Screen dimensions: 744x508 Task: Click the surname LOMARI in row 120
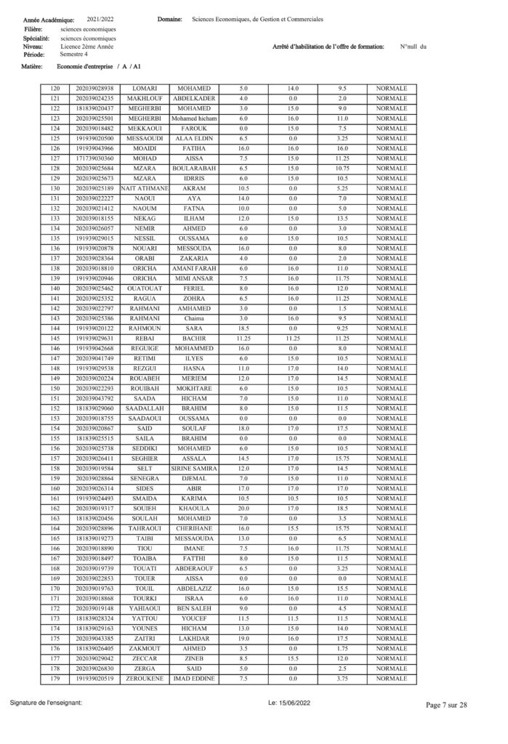[145, 88]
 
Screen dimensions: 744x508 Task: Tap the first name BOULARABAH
[194, 168]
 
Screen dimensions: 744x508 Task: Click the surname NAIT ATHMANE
[145, 188]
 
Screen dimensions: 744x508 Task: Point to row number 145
[55, 338]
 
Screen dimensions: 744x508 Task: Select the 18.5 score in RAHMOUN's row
[243, 328]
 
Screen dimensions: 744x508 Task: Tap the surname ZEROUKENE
[145, 679]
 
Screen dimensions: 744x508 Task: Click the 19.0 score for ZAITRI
[243, 639]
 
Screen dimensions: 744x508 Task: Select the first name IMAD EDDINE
[194, 679]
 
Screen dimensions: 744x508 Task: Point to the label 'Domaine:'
[169, 20]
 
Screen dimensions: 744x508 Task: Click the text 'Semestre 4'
[75, 54]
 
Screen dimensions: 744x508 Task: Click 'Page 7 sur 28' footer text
[446, 704]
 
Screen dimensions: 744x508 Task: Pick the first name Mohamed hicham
[194, 118]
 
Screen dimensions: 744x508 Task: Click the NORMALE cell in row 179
[392, 679]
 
